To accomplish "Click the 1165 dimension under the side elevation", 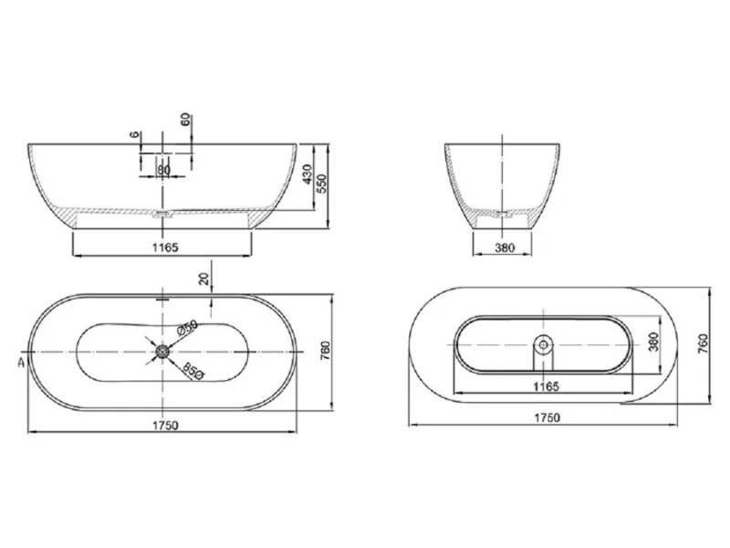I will (165, 247).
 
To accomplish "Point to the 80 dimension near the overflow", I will (163, 169).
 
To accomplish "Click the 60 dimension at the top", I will (186, 121).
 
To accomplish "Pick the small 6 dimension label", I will (135, 135).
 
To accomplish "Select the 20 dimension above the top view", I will (204, 279).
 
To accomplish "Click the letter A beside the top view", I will (19, 362).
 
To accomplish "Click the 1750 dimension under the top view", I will (165, 425).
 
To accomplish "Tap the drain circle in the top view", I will (162, 351).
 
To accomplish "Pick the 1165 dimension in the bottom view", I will (545, 386).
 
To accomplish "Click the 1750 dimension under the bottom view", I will (545, 417).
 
